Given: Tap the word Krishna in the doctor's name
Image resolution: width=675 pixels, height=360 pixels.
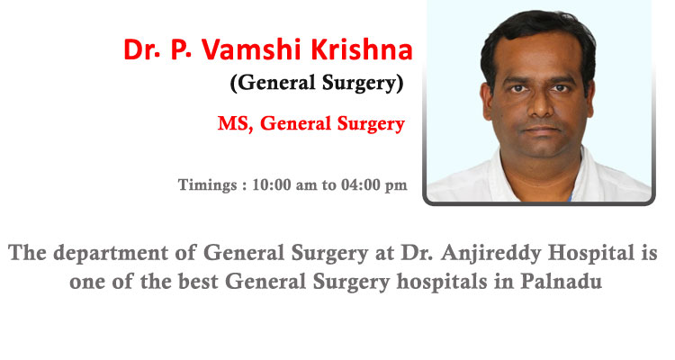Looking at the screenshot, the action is (x=362, y=49).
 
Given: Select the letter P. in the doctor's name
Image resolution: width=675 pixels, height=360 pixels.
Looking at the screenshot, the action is (x=181, y=49).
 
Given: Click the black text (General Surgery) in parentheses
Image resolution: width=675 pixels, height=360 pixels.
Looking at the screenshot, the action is (x=318, y=83).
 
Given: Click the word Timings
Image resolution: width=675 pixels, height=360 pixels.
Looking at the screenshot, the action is (x=208, y=185).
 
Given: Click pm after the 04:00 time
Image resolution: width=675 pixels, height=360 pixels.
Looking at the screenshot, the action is (x=396, y=186).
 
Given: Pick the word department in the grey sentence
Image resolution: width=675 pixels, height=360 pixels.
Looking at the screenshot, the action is (x=112, y=253).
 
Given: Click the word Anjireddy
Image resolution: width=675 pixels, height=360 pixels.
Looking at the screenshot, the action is (x=491, y=253).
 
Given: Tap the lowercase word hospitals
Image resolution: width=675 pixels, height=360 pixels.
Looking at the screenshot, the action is (x=442, y=282).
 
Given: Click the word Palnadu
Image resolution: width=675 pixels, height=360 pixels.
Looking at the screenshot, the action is (x=561, y=281).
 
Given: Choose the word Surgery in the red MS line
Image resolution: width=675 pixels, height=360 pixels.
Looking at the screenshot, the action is (x=371, y=124).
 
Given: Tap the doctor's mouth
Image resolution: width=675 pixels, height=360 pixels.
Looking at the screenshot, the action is (x=542, y=130).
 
